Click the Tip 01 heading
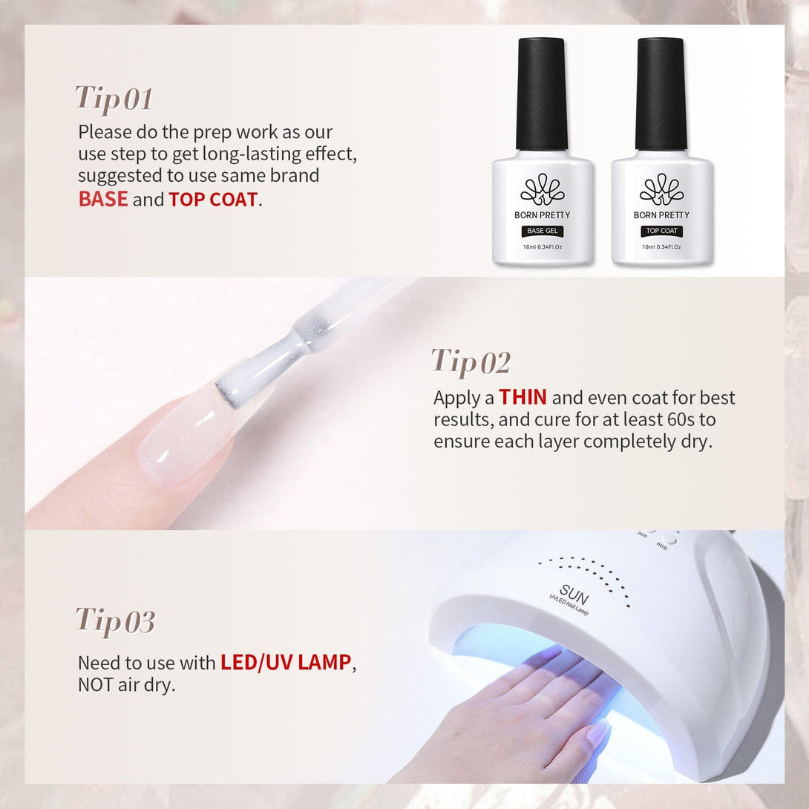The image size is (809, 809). coord(114,99)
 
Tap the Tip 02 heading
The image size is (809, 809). coord(471,362)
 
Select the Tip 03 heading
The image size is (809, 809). coord(115,621)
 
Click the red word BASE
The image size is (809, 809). coord(103,199)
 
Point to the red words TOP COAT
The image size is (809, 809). coord(213,200)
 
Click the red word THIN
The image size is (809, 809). coord(523,397)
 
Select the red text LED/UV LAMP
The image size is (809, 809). coord(286,663)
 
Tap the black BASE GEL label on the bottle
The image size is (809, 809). coord(543,231)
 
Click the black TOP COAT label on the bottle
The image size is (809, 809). coord(661,231)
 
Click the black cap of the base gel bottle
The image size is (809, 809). coord(542,94)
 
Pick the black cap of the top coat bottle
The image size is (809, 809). coord(661,94)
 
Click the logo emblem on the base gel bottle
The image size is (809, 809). coord(543,189)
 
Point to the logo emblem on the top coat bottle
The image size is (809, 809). coord(661,189)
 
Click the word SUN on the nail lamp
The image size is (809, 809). coord(574,595)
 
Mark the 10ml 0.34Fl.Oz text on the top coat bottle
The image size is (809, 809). coord(661,247)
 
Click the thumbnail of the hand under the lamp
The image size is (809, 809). coord(597,732)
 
